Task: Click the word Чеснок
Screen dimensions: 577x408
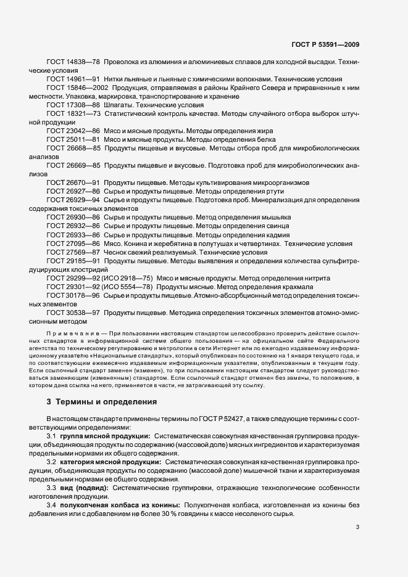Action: tap(117, 252)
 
